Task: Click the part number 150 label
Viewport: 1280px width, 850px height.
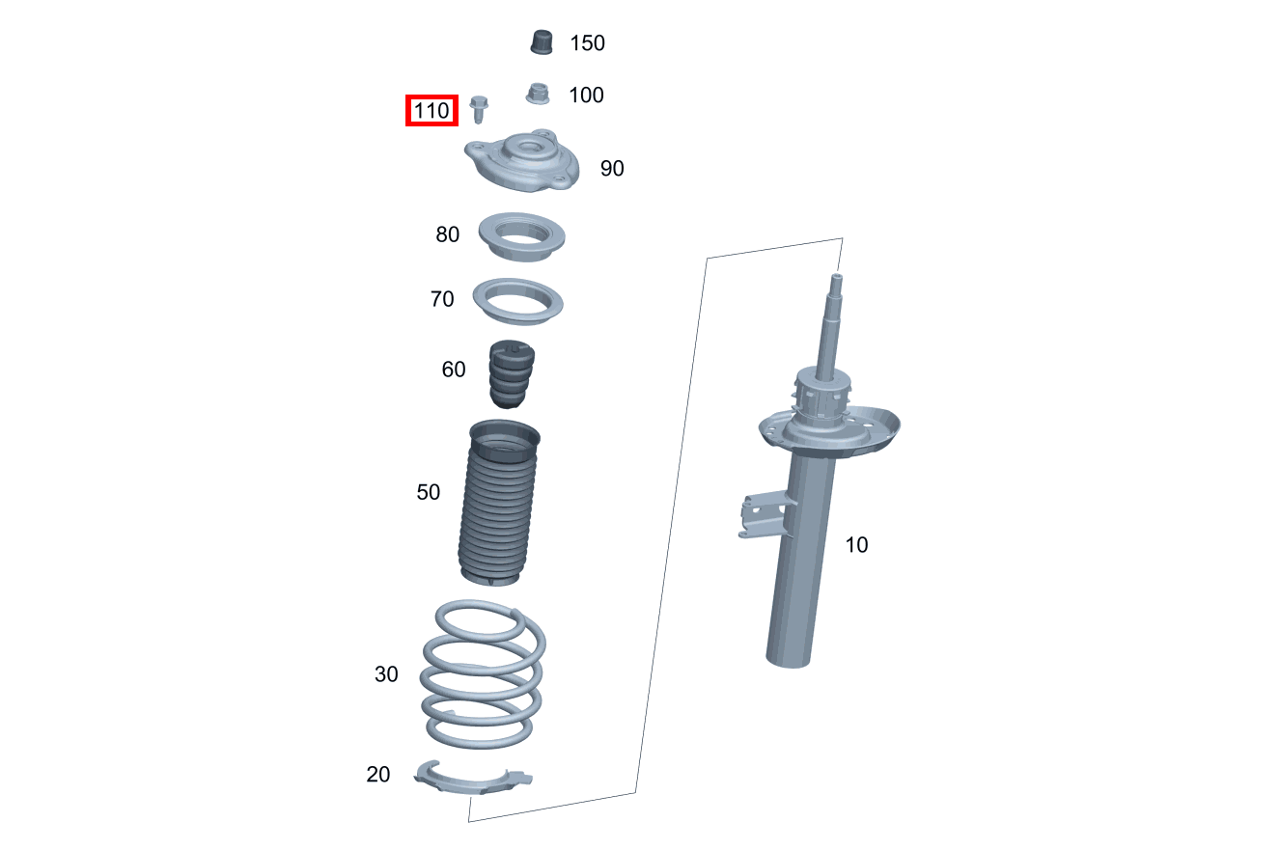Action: (588, 43)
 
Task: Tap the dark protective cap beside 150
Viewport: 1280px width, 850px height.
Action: (542, 42)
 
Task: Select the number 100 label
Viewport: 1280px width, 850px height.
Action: (586, 95)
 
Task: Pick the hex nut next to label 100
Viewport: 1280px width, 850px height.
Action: (538, 94)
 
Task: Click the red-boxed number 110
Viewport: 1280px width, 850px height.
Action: (432, 110)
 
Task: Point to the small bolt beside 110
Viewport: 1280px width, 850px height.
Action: (478, 109)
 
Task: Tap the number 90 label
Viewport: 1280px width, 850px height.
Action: (612, 169)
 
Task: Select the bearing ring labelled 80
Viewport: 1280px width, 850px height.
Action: (521, 252)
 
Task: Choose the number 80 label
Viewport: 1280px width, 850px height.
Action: (448, 234)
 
